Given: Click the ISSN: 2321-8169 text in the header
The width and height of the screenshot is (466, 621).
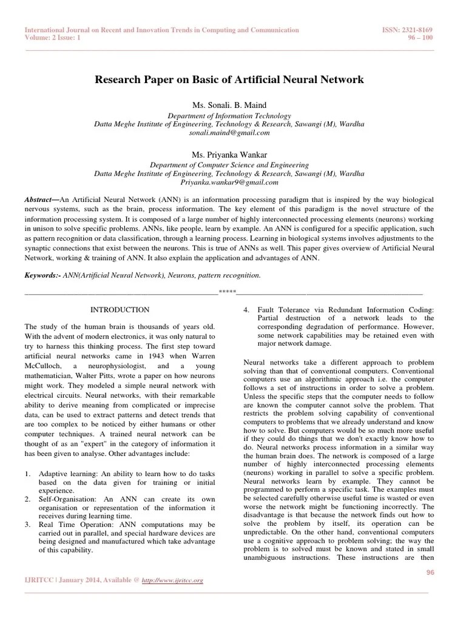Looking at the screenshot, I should pyautogui.click(x=410, y=30).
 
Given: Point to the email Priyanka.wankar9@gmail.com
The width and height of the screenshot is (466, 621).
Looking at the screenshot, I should pyautogui.click(x=229, y=182).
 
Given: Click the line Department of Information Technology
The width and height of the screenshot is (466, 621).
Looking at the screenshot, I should pyautogui.click(x=229, y=115).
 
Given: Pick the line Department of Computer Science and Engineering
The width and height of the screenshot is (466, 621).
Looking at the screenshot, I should pyautogui.click(x=229, y=165).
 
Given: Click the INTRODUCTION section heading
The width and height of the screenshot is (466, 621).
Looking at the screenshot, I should pyautogui.click(x=120, y=310).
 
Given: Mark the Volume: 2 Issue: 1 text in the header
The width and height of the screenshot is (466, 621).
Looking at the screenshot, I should pyautogui.click(x=53, y=38).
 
